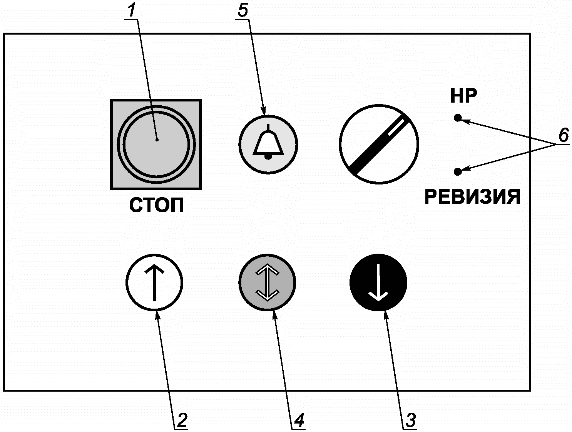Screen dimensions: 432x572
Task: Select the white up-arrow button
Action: point(154,282)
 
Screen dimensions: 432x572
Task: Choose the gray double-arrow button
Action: point(267,282)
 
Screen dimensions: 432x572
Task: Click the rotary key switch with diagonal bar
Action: point(379,144)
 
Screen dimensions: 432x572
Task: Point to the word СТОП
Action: point(156,206)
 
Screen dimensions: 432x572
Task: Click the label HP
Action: point(463,96)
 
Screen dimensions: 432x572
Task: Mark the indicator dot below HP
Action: point(458,118)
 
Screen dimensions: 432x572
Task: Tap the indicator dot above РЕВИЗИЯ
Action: point(458,171)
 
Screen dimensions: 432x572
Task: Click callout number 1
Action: point(132,11)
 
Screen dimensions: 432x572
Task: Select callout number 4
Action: point(298,420)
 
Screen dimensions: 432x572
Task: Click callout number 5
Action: point(243,11)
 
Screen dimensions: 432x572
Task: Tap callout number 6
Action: point(563,136)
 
